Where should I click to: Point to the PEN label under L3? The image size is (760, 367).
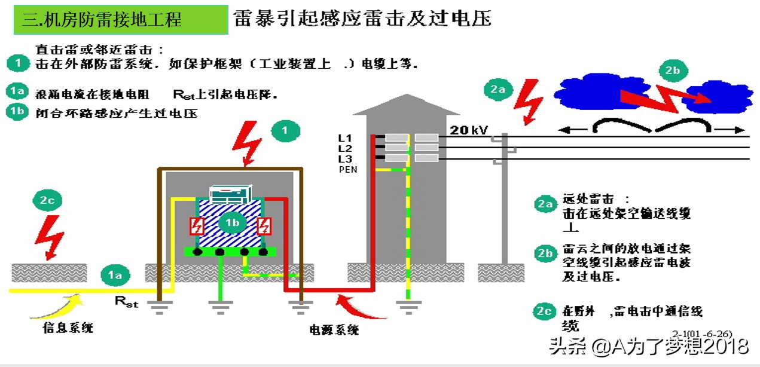pos(347,170)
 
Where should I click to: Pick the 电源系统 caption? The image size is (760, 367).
pos(334,329)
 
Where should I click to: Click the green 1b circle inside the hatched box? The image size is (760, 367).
pos(232,222)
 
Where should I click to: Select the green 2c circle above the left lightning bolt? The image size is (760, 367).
pos(47,200)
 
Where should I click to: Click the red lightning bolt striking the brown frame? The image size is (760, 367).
pos(250,143)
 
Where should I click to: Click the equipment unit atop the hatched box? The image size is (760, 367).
pos(233,195)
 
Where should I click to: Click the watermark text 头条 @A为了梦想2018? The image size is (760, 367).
pos(649,346)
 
